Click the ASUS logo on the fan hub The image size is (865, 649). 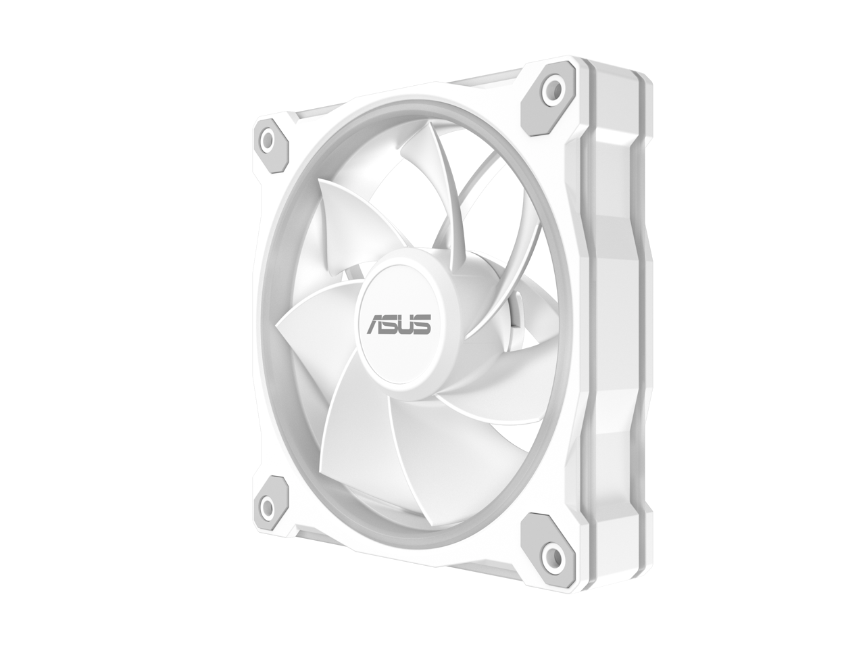[x=399, y=324]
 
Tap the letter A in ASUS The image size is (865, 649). [x=376, y=325]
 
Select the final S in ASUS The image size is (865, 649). [x=422, y=325]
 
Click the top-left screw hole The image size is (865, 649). [x=269, y=140]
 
